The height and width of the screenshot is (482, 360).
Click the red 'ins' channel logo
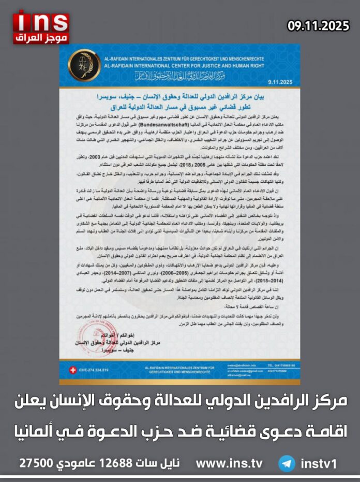[x=41, y=21]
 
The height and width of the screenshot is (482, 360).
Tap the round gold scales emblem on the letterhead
[x=84, y=65]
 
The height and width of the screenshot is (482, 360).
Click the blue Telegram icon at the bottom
[x=286, y=463]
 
